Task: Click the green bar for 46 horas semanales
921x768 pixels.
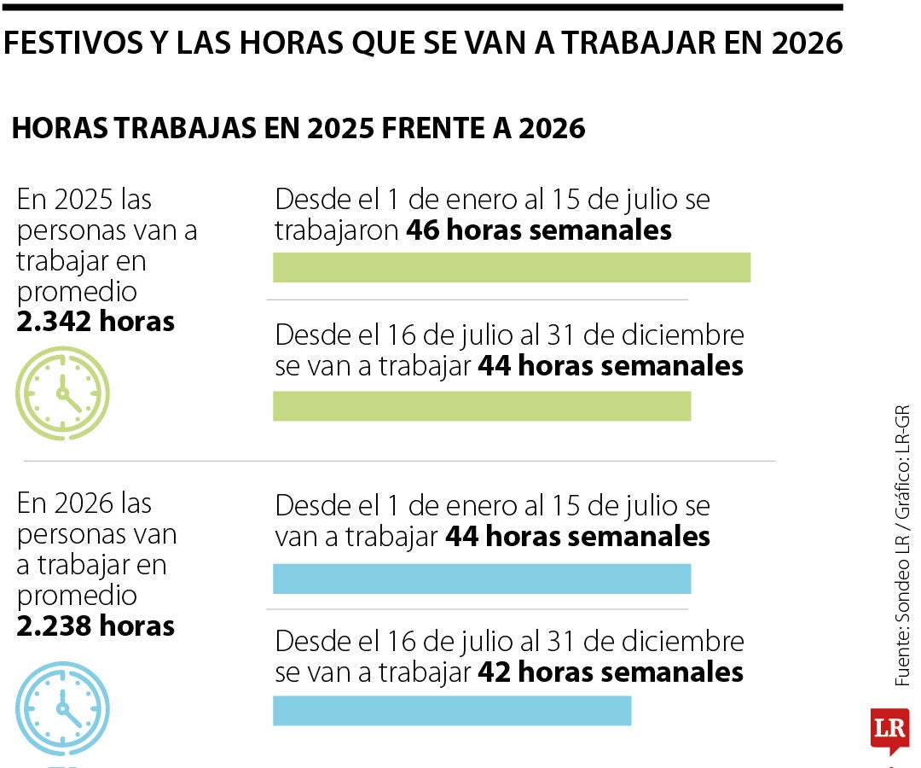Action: point(512,267)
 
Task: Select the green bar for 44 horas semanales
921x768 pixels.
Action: point(482,406)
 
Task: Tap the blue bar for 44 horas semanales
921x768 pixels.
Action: point(482,579)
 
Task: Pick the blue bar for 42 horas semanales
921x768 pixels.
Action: point(452,711)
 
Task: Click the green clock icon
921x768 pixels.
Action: point(62,393)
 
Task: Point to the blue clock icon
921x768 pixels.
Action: point(62,708)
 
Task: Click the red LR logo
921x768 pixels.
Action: point(889,730)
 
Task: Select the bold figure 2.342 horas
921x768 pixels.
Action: point(96,322)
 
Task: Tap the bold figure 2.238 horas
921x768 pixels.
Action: point(96,626)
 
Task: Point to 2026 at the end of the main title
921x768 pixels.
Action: point(806,44)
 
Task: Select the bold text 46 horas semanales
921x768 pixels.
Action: point(539,230)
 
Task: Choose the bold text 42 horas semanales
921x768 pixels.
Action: point(611,672)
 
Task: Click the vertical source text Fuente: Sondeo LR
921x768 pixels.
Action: point(902,614)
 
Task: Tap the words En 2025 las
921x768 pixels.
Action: point(84,200)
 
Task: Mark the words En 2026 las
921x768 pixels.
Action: point(84,503)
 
